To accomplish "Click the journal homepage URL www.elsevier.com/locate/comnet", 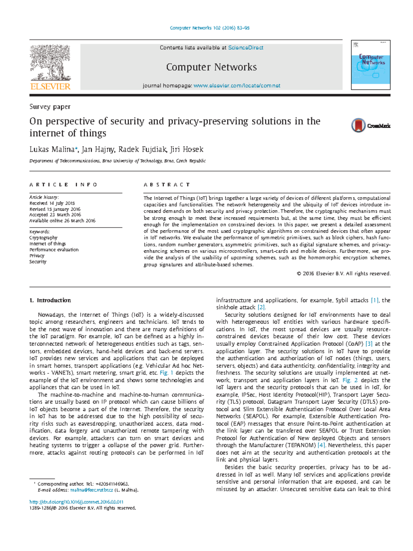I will click(x=237, y=86).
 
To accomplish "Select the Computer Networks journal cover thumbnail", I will click(x=371, y=65).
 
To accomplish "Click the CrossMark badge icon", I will click(x=359, y=125).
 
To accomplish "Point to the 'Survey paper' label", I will click(x=50, y=107).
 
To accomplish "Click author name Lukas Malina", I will click(x=52, y=149).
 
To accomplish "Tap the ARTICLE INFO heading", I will click(x=63, y=185).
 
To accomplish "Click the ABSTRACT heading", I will click(x=167, y=185).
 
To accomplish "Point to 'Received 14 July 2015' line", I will click(x=52, y=203).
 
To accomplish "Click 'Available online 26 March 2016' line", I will click(x=62, y=221).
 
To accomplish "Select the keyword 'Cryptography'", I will click(x=43, y=238).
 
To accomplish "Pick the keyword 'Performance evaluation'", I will click(x=54, y=250).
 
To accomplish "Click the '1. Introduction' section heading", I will click(x=50, y=300).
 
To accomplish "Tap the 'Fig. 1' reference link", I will click(x=167, y=373).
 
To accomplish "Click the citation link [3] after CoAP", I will click(x=369, y=344).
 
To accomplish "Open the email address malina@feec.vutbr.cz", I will click(x=92, y=490).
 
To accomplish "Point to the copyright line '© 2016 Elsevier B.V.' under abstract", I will click(x=343, y=274).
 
